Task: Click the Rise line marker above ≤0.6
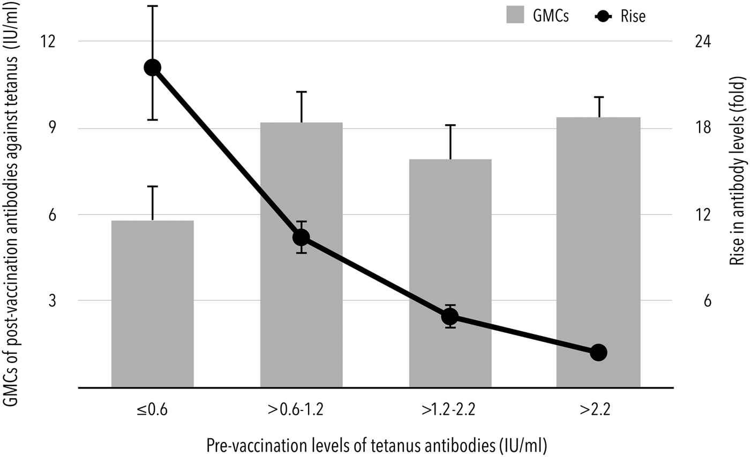click(152, 67)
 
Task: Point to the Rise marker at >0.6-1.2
click(301, 237)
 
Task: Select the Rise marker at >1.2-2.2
click(450, 317)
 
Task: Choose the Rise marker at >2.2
click(598, 352)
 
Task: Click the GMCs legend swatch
click(518, 17)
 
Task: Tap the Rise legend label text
click(634, 17)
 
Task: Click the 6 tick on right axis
click(697, 301)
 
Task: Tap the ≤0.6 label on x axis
click(152, 410)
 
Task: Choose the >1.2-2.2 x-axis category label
click(450, 410)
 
